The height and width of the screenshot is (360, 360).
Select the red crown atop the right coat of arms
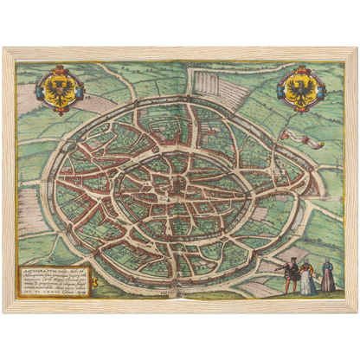coord(300,69)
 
